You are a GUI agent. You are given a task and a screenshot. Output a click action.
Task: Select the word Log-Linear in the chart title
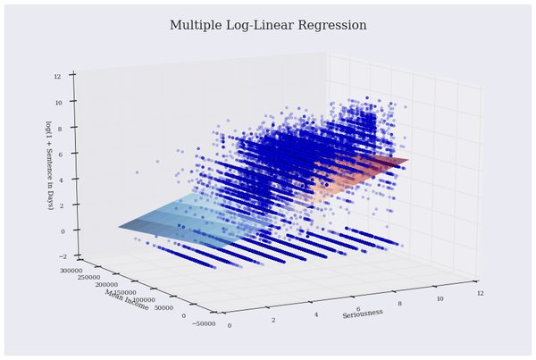(x=264, y=26)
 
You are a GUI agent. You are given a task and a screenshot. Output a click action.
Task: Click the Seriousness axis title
(x=362, y=313)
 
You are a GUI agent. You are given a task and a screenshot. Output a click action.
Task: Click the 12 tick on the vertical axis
(x=57, y=76)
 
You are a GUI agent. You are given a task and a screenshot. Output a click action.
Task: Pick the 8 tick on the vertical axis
(x=58, y=129)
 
